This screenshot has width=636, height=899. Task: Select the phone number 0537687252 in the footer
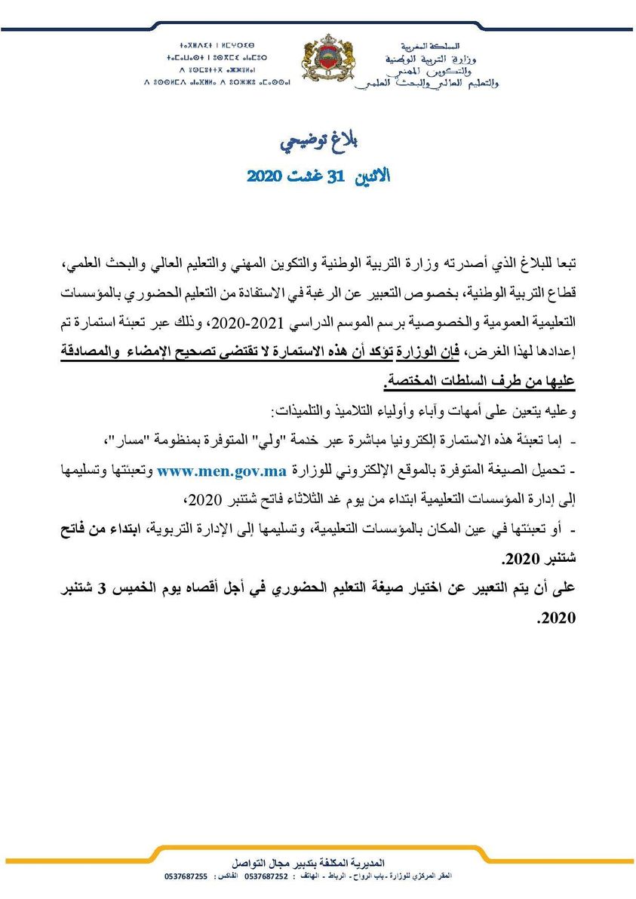click(267, 876)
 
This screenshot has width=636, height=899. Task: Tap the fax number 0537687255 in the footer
click(186, 876)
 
